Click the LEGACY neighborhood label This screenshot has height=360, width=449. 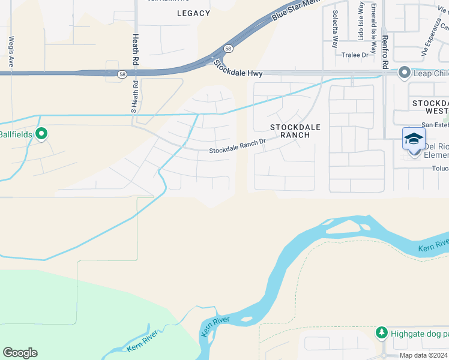[194, 13]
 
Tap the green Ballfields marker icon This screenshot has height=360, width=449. [41, 133]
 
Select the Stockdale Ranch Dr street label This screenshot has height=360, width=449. [237, 147]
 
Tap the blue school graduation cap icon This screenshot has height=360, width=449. [414, 139]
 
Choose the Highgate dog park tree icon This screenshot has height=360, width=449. [381, 332]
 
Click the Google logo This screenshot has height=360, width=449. [20, 353]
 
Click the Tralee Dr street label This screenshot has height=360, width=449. [355, 55]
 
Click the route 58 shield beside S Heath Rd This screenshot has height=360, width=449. [122, 74]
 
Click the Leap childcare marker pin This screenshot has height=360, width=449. [404, 73]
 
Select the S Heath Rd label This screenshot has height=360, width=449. [134, 97]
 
